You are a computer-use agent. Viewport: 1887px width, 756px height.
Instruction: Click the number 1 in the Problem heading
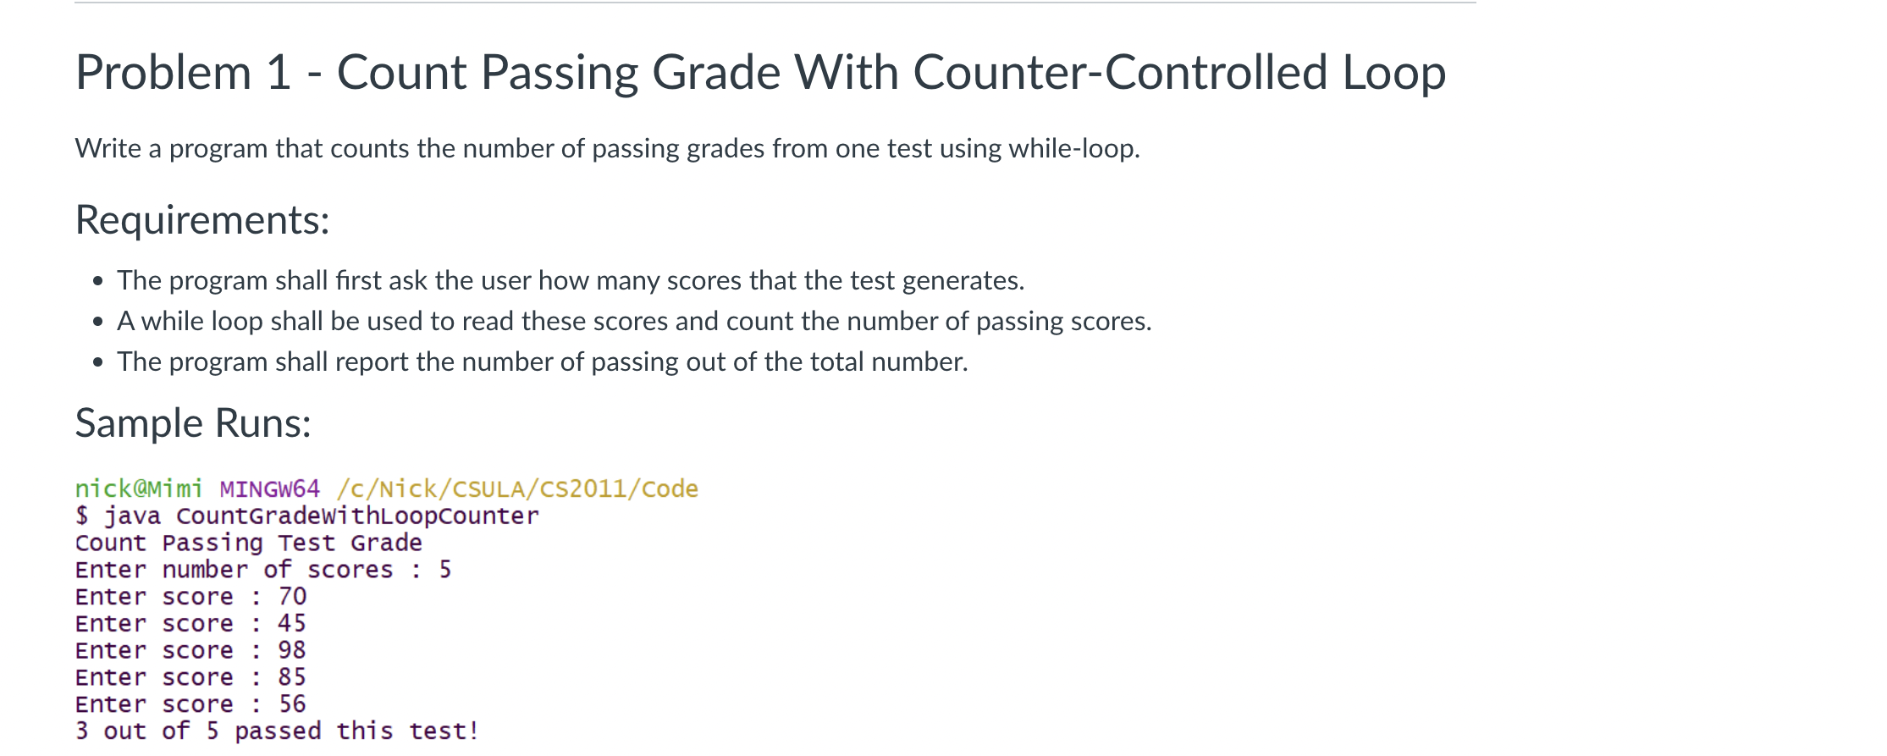[279, 73]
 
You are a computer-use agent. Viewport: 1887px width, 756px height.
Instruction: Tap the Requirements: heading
[202, 220]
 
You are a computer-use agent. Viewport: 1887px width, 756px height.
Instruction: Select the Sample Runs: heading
[193, 423]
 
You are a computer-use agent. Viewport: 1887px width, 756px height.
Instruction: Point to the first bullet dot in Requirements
[99, 281]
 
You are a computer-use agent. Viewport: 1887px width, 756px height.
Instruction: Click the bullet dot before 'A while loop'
[99, 322]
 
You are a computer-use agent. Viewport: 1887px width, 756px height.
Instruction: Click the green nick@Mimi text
[139, 489]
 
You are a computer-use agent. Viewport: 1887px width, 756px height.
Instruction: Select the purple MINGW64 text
[270, 489]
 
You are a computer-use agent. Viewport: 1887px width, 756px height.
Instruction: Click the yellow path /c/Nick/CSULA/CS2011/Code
[517, 489]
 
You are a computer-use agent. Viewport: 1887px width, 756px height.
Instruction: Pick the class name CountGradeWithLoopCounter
[357, 516]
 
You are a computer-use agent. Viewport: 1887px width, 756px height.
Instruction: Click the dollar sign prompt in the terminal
[82, 516]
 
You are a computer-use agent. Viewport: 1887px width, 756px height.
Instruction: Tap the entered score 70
[292, 597]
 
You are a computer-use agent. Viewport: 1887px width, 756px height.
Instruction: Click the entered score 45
[292, 624]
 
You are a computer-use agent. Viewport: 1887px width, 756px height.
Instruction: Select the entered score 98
[292, 651]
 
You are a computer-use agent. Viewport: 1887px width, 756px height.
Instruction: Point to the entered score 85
[292, 678]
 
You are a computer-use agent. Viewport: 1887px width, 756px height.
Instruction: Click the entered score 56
[292, 704]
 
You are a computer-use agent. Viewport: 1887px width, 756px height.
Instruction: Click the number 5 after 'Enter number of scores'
[445, 570]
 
